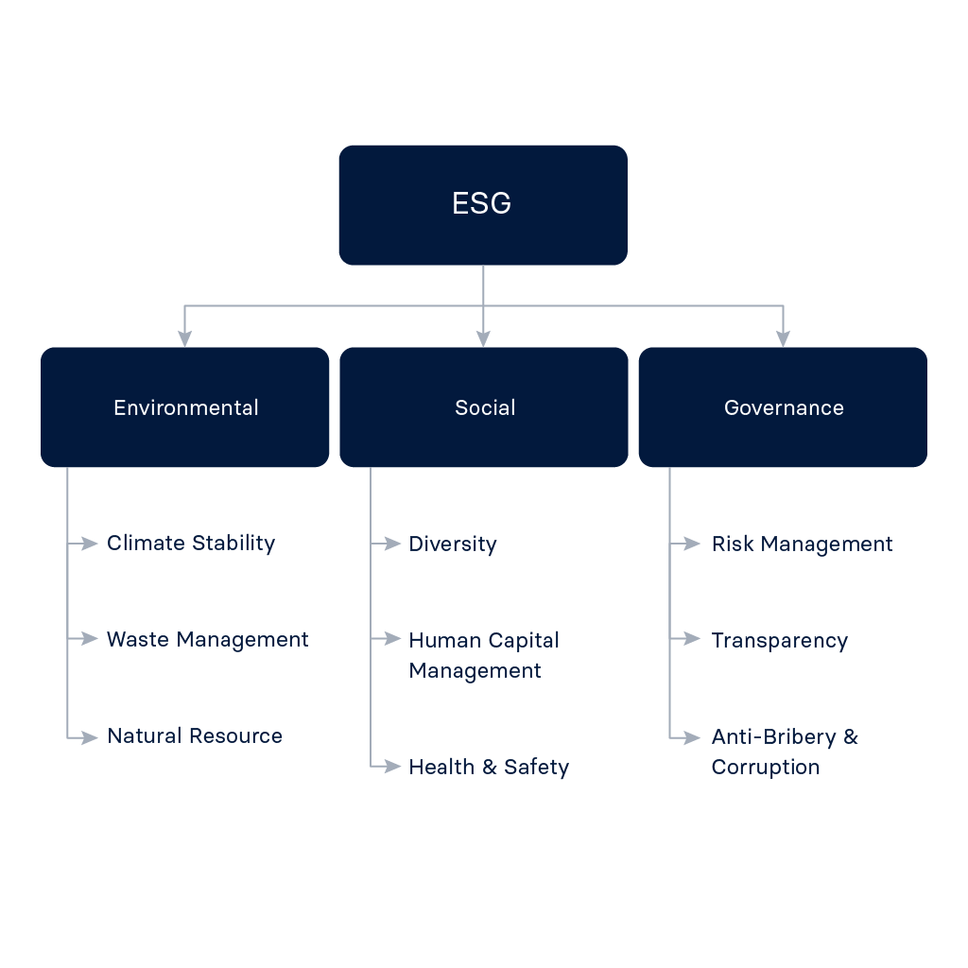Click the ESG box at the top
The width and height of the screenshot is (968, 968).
click(x=482, y=204)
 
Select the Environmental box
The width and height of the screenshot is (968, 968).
click(x=185, y=407)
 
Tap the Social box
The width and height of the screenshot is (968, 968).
click(x=484, y=407)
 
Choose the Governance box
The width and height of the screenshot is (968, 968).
click(x=783, y=407)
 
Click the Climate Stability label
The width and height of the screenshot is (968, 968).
click(x=191, y=544)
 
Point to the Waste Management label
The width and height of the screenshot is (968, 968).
click(x=208, y=640)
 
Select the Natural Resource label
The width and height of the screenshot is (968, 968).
click(x=195, y=736)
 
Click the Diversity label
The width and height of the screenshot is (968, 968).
click(x=453, y=544)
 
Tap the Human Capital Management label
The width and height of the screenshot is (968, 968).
click(x=483, y=655)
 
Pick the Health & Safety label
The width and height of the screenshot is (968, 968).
click(x=489, y=768)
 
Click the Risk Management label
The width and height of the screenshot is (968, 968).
click(x=802, y=544)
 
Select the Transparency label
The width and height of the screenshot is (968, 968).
click(x=779, y=641)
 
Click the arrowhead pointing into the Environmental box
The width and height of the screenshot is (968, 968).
click(x=184, y=338)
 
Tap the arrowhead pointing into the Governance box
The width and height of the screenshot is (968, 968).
click(x=783, y=338)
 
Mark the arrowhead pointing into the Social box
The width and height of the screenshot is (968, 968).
click(x=484, y=338)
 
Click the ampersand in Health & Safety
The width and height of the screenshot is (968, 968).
click(x=490, y=768)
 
